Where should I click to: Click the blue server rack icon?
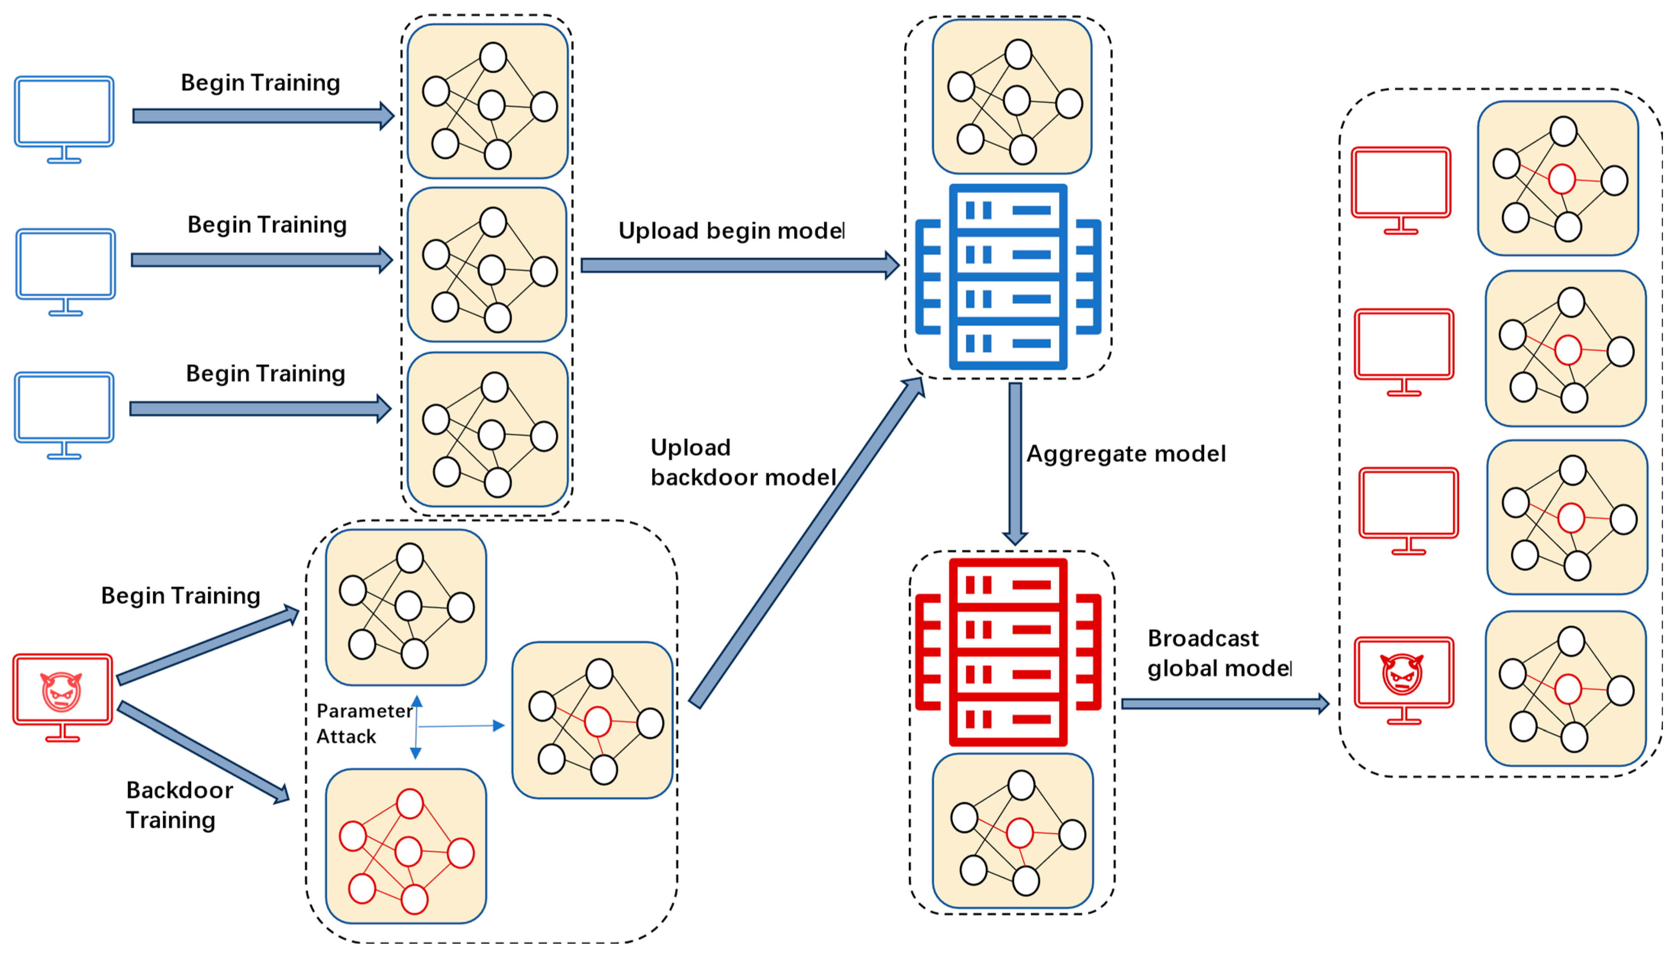[x=1008, y=277]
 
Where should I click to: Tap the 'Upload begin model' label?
[x=731, y=231]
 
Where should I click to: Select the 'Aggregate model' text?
[x=1126, y=454]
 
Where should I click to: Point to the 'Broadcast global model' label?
[x=1218, y=653]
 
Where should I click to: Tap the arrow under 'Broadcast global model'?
[x=1224, y=704]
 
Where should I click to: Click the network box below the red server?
[x=1012, y=831]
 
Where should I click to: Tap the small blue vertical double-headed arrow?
[x=416, y=727]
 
